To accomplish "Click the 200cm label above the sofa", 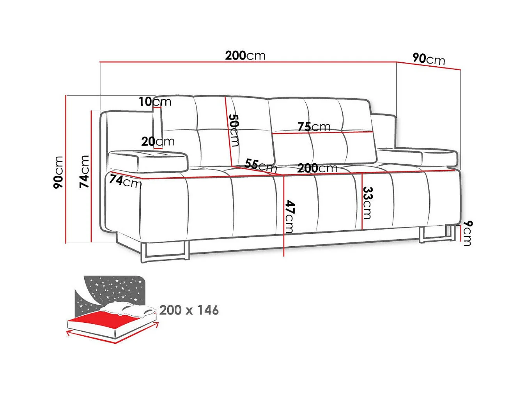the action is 245,56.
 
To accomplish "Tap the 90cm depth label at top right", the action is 429,59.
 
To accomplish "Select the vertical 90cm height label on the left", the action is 58,172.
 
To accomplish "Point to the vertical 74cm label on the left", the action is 84,171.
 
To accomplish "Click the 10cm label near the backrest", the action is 155,102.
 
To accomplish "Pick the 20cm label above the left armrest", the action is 158,141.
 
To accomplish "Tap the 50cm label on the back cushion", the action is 234,130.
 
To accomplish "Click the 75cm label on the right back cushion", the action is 314,127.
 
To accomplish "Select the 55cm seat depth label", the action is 261,166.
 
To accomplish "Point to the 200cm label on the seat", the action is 317,168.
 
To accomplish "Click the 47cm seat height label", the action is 290,217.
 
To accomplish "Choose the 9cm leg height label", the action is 467,233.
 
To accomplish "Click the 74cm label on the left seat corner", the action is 125,181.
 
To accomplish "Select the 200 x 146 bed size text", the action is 189,310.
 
